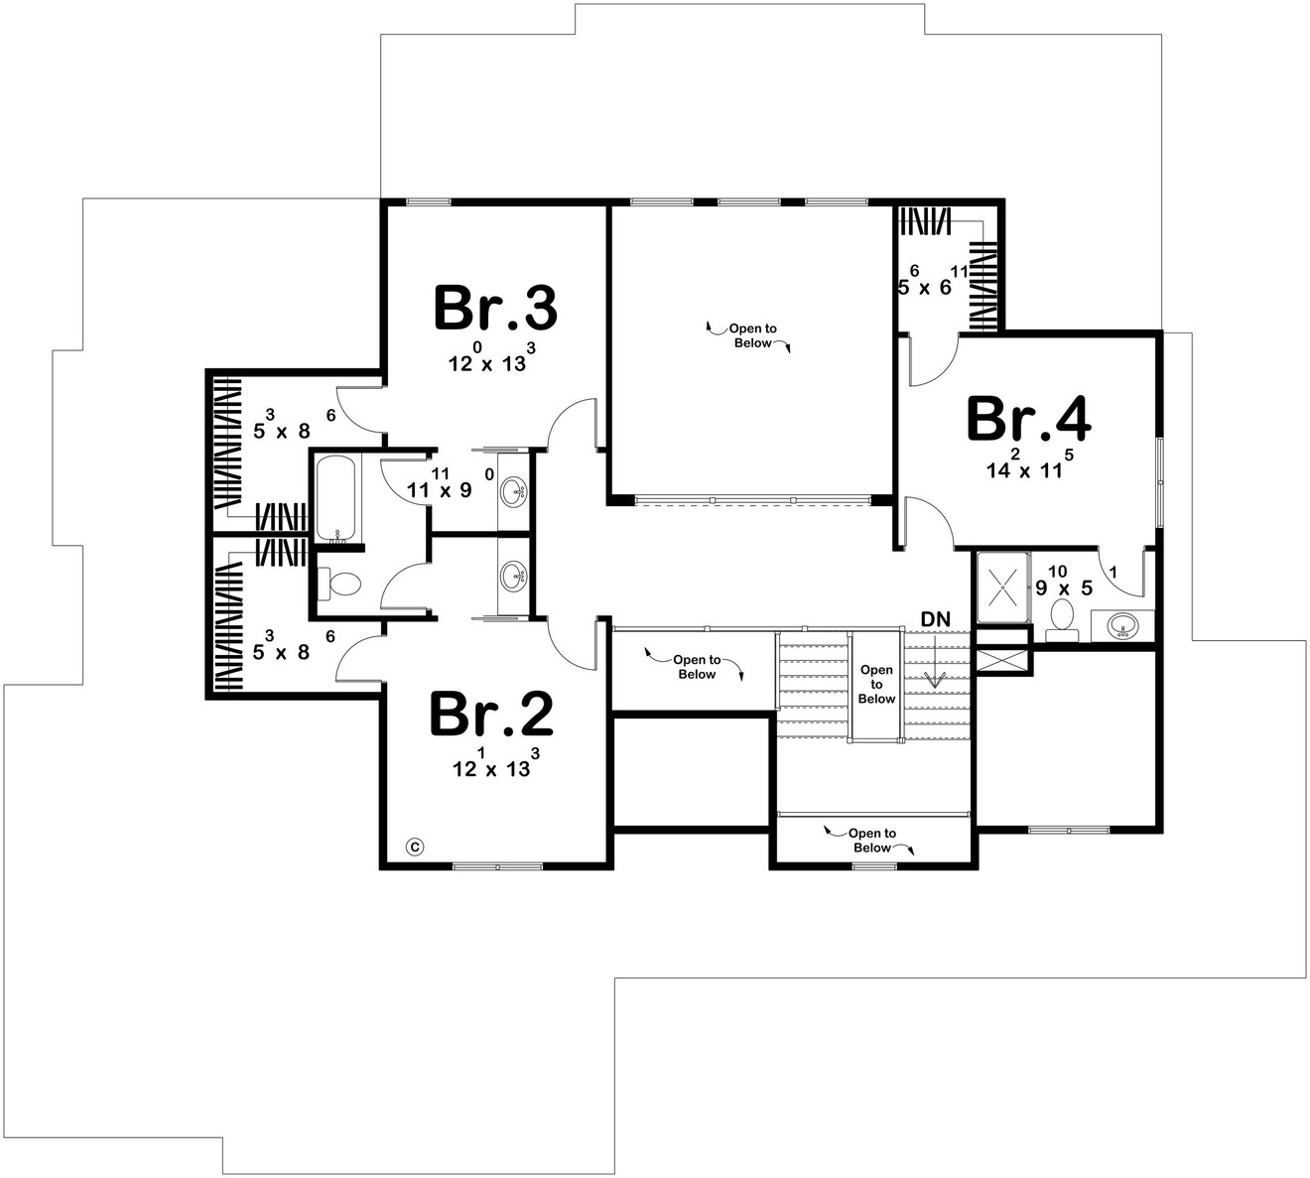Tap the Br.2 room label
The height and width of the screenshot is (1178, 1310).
[491, 716]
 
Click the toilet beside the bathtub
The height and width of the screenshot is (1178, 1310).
[341, 584]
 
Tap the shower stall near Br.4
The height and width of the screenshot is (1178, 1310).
[1003, 587]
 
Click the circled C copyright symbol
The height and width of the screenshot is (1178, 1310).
[416, 847]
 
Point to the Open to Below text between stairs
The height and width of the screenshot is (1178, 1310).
[876, 684]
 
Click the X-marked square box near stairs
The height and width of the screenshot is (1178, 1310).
[1003, 662]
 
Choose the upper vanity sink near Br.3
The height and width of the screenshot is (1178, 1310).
[513, 489]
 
